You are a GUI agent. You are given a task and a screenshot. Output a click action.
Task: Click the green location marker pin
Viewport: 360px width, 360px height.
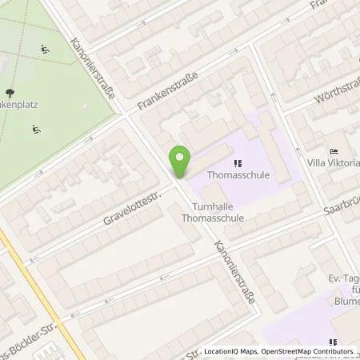tap(181, 162)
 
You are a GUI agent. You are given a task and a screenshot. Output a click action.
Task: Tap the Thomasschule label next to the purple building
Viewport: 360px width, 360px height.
tap(238, 174)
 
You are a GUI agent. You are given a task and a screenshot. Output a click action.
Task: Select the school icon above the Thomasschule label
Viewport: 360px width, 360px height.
tap(238, 161)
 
